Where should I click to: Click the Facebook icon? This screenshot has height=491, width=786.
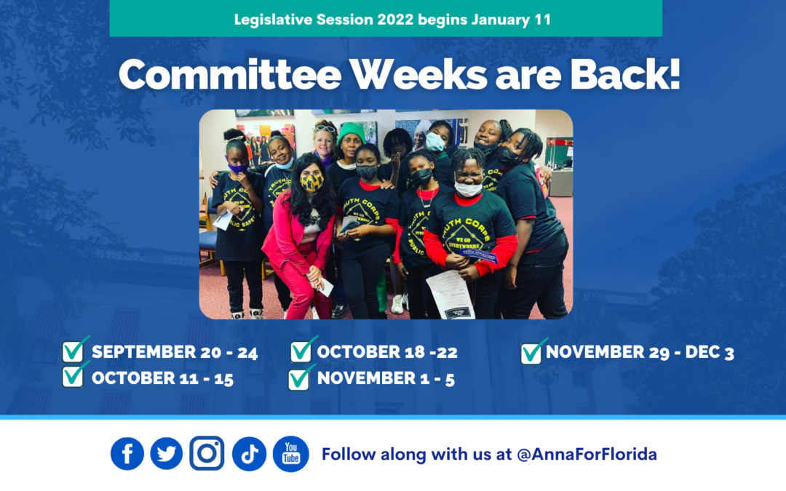pyautogui.click(x=127, y=454)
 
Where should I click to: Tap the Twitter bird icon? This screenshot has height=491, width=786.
pyautogui.click(x=167, y=454)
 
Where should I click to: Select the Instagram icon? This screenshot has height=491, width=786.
pyautogui.click(x=207, y=454)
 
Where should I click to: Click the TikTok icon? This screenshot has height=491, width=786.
pyautogui.click(x=249, y=454)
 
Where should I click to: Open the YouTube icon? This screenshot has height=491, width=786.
pyautogui.click(x=291, y=454)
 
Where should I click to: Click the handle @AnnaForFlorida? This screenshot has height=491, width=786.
pyautogui.click(x=587, y=455)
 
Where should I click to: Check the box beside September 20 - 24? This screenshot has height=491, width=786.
pyautogui.click(x=74, y=351)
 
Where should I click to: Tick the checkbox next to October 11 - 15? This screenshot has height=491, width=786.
pyautogui.click(x=74, y=377)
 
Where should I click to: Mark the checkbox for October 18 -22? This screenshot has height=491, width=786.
pyautogui.click(x=301, y=351)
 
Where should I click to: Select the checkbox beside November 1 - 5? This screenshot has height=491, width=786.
pyautogui.click(x=299, y=378)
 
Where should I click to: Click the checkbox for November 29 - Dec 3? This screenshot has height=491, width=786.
pyautogui.click(x=532, y=353)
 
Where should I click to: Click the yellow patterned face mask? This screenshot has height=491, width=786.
pyautogui.click(x=311, y=181)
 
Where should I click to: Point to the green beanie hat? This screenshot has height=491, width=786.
pyautogui.click(x=352, y=132)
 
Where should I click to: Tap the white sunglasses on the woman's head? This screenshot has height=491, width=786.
pyautogui.click(x=325, y=129)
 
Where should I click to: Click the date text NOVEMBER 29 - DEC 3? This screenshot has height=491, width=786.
pyautogui.click(x=640, y=353)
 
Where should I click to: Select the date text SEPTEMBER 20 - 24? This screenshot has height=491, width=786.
pyautogui.click(x=175, y=353)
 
